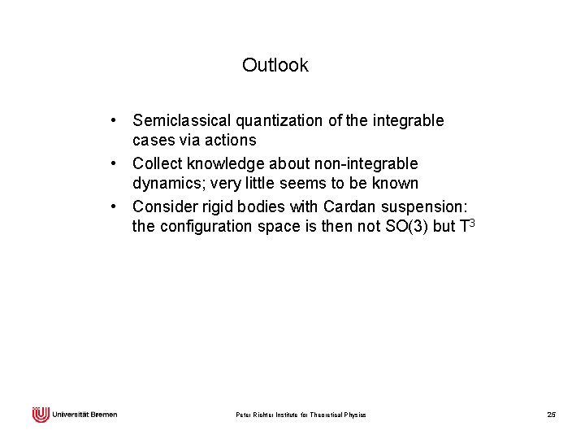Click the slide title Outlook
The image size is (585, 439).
point(275,65)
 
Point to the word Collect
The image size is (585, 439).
point(160,164)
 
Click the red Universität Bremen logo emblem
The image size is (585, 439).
point(41,415)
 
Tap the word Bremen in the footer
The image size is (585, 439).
point(103,415)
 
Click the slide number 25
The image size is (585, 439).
point(551,415)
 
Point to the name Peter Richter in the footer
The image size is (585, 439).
point(255,415)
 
